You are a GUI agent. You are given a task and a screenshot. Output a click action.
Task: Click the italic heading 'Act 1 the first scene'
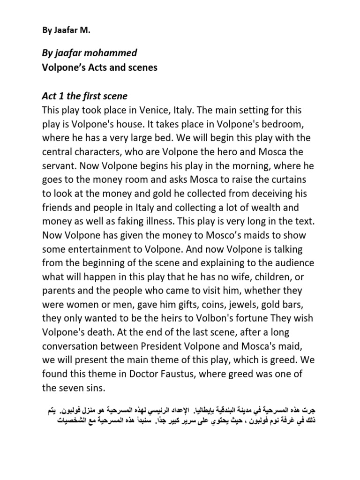(84, 97)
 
